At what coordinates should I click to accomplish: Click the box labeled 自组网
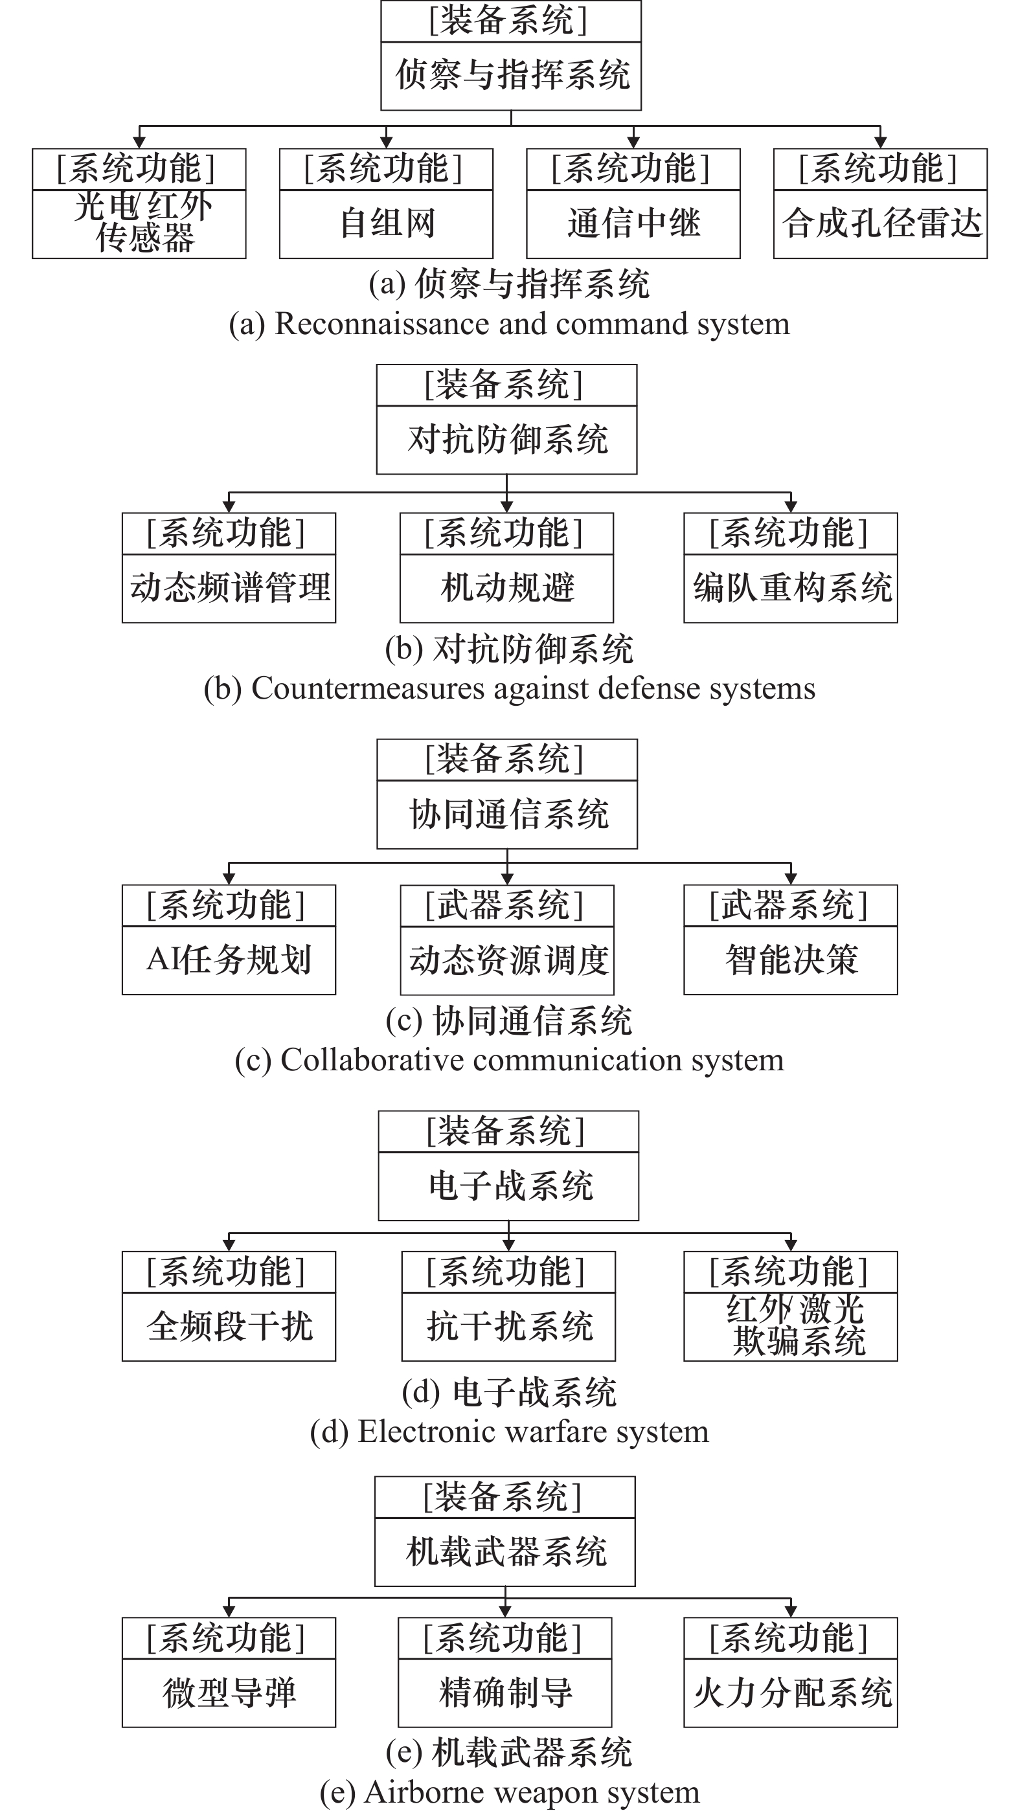[x=386, y=203]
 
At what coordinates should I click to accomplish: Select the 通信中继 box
[x=633, y=203]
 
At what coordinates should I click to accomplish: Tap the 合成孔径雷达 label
[x=881, y=223]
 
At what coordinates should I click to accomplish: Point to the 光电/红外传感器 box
[x=139, y=203]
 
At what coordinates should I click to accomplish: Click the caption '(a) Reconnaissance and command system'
[x=510, y=324]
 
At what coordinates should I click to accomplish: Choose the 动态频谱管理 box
[x=229, y=568]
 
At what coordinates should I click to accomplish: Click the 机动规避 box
[x=507, y=568]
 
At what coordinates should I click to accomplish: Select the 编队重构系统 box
[x=791, y=568]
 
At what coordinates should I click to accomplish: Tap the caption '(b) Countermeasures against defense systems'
[x=510, y=688]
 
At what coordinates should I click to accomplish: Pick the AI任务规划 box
[x=229, y=940]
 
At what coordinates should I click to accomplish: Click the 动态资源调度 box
[x=507, y=940]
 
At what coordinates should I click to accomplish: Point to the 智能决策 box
[x=791, y=940]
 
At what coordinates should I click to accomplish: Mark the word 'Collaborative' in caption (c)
[x=372, y=1060]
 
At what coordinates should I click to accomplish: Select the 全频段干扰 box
[x=229, y=1306]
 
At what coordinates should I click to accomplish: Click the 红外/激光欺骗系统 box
[x=791, y=1306]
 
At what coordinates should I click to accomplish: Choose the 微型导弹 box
[x=229, y=1672]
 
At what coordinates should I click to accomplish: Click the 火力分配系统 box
[x=791, y=1672]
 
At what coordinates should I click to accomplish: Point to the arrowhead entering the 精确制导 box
[x=504, y=1612]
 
